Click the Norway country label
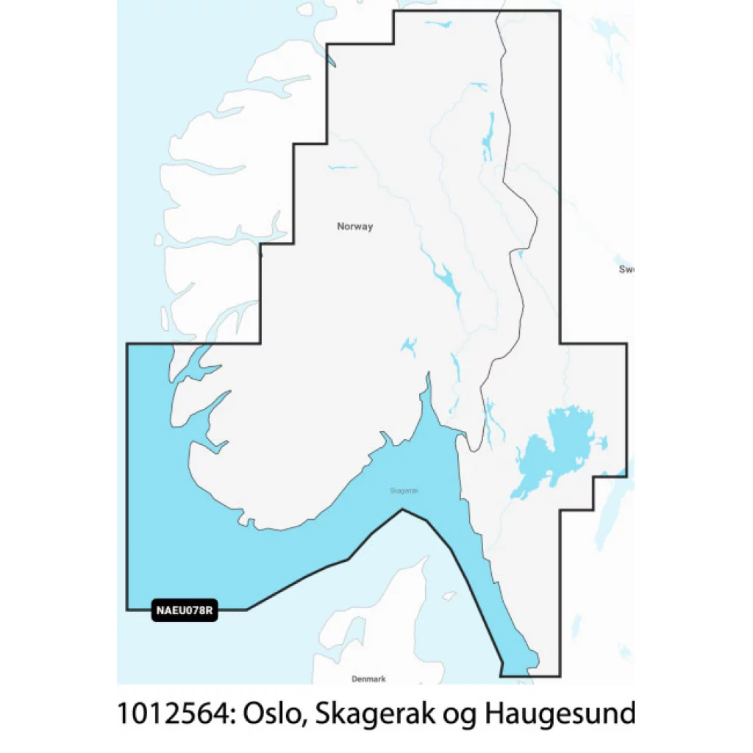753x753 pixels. [354, 226]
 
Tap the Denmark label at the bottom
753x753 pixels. [368, 679]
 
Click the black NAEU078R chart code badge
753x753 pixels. [185, 610]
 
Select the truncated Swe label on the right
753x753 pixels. [627, 269]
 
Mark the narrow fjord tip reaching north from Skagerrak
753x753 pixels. [427, 378]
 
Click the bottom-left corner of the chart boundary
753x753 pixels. [128, 609]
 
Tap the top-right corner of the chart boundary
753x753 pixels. [560, 12]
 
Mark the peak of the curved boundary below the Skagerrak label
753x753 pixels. [402, 510]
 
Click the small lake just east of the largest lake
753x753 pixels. [602, 442]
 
